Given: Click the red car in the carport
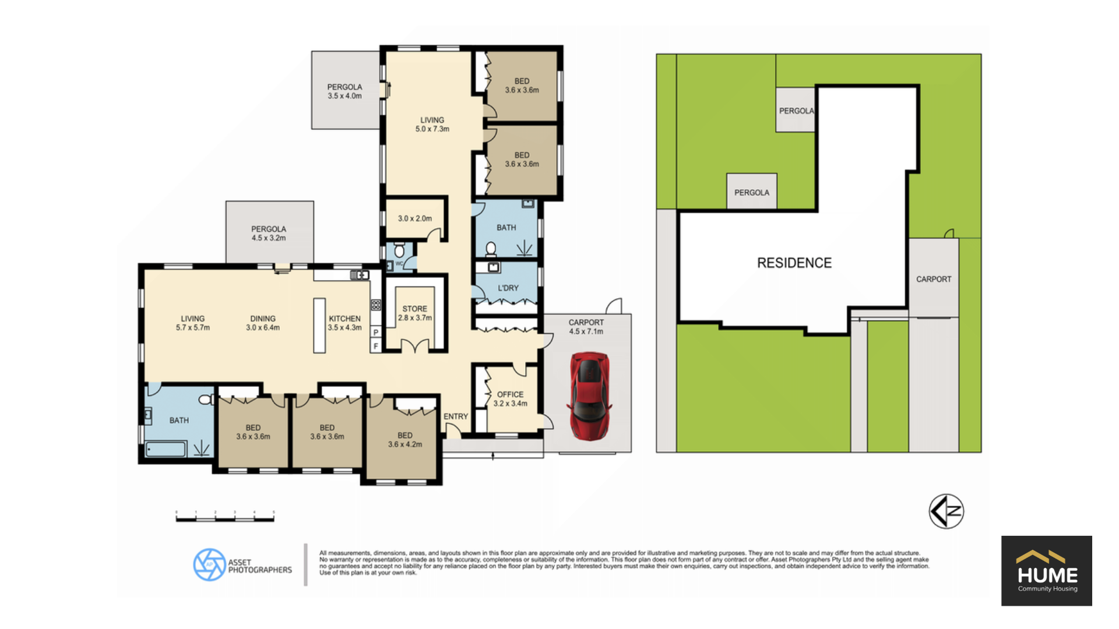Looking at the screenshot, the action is (x=590, y=396).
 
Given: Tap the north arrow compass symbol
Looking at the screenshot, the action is (x=946, y=511).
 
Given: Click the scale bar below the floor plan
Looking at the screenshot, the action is (x=225, y=517).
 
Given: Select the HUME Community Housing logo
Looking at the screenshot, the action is (x=1047, y=571).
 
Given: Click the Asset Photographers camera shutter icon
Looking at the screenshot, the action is (x=209, y=564).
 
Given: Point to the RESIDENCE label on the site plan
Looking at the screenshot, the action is (x=794, y=263).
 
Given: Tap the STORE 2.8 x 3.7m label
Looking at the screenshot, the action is (x=415, y=313).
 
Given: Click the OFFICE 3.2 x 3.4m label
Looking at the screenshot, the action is (x=511, y=399).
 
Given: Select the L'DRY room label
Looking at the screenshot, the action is (x=508, y=288).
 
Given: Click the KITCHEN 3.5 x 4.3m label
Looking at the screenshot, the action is (x=344, y=323).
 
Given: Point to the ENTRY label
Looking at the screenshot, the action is (x=456, y=416).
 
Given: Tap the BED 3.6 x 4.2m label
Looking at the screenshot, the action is (x=405, y=440).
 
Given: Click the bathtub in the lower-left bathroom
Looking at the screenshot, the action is (x=166, y=448).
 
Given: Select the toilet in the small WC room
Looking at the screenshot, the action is (x=399, y=250).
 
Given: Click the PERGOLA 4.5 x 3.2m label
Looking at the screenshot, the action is (x=269, y=234).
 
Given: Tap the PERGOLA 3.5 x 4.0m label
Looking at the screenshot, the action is (x=344, y=91).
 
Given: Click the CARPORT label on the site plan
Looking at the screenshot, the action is (x=934, y=279).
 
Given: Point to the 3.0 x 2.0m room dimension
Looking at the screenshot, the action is (x=415, y=218).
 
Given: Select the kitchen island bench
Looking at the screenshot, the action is (x=319, y=326).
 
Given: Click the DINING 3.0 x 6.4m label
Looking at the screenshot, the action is (x=263, y=323).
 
